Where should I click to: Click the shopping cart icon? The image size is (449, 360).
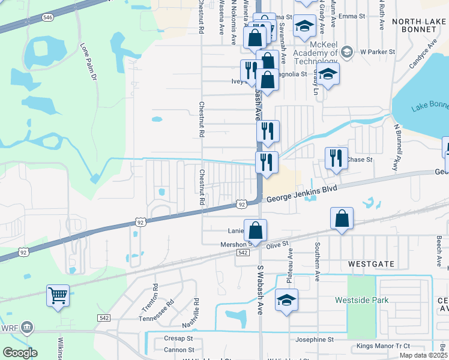58,295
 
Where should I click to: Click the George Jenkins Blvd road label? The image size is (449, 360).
301,193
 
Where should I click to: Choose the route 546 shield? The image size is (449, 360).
47,17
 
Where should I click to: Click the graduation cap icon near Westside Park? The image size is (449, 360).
287,299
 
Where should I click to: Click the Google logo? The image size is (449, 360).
20,353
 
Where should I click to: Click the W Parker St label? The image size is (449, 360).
377,52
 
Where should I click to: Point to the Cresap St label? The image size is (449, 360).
179,338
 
